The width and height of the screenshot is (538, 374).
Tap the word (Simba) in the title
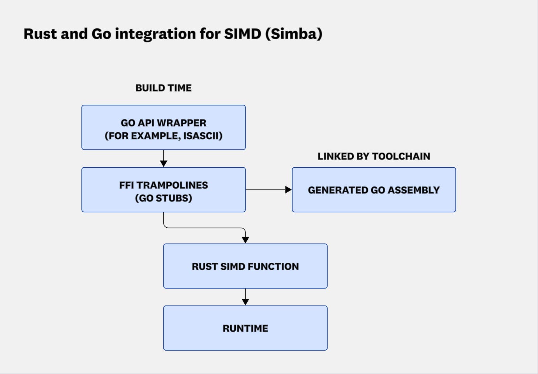[294, 34]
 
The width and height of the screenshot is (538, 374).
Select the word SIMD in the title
[242, 34]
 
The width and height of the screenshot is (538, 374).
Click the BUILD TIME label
[163, 88]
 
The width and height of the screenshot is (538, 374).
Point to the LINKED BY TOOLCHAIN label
[374, 156]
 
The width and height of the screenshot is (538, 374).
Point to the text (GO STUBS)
[163, 198]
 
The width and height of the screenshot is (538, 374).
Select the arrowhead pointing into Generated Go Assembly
[288, 190]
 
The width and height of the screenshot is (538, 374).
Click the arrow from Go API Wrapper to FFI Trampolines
[164, 158]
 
